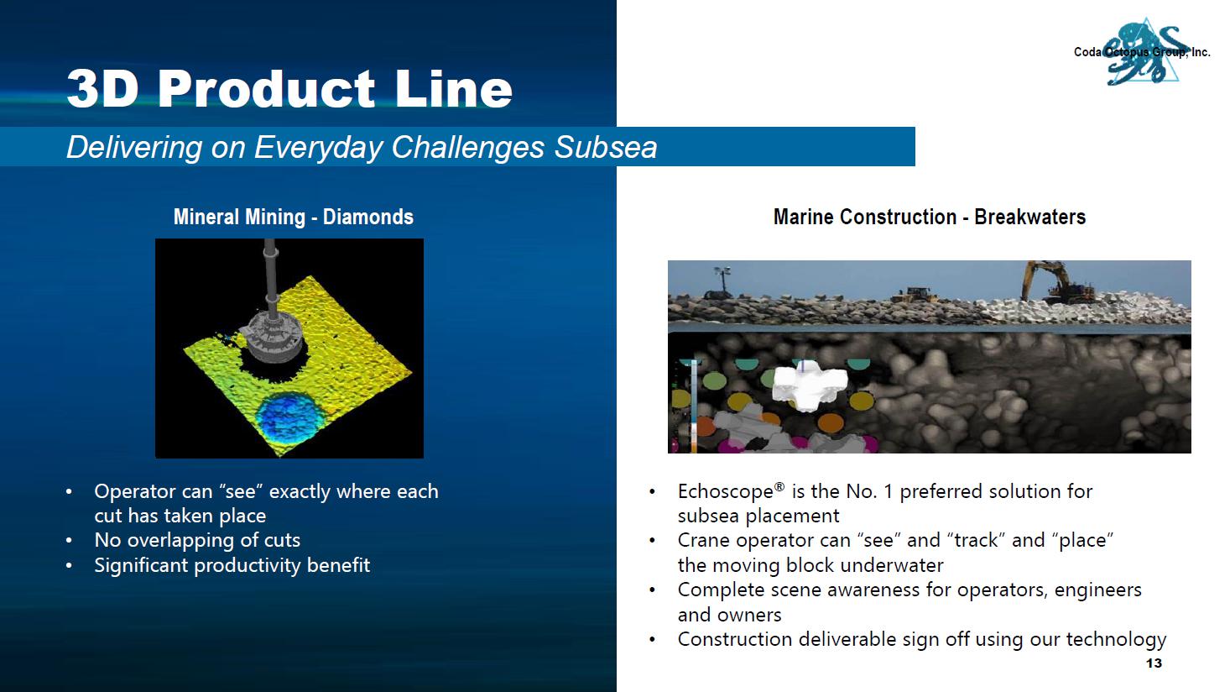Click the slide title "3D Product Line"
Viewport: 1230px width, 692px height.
(x=289, y=88)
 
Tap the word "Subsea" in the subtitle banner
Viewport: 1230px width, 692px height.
(x=606, y=147)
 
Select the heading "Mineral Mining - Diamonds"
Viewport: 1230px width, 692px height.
(x=293, y=217)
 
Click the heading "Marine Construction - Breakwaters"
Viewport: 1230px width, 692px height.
(x=929, y=217)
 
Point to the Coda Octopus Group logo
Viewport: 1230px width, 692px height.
(x=1142, y=53)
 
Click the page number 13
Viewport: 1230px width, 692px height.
(x=1154, y=663)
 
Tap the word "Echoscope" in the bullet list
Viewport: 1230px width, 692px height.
(x=726, y=491)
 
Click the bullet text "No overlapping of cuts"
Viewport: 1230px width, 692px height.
(x=197, y=540)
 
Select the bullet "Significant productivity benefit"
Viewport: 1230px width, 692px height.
(x=232, y=565)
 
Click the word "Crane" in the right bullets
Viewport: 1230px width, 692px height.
(x=703, y=540)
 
